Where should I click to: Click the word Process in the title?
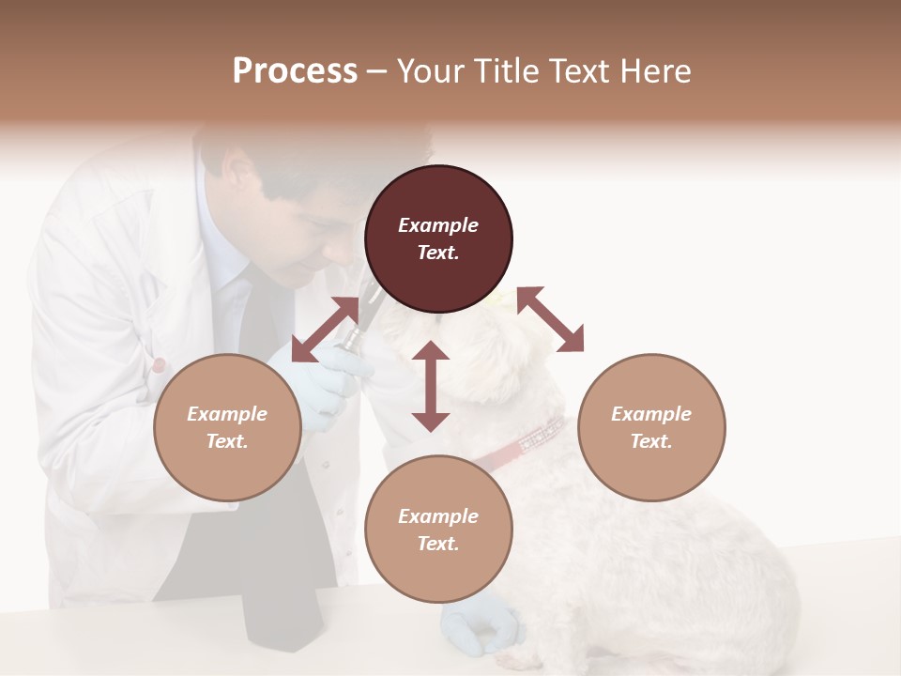[295, 71]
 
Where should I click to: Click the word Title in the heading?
[510, 71]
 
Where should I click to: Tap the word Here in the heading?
[654, 71]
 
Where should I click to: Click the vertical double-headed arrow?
[431, 386]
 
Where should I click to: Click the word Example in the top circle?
[438, 225]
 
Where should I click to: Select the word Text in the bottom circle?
[437, 544]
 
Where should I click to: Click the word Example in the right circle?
[651, 414]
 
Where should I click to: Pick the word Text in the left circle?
[227, 441]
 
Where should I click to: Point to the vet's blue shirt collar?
[221, 253]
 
